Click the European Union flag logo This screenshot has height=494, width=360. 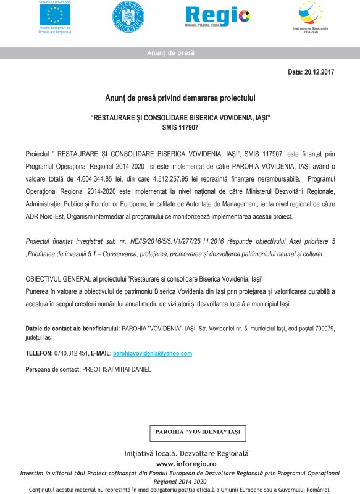pyautogui.click(x=54, y=14)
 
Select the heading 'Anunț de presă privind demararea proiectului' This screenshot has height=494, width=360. pyautogui.click(x=180, y=98)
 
